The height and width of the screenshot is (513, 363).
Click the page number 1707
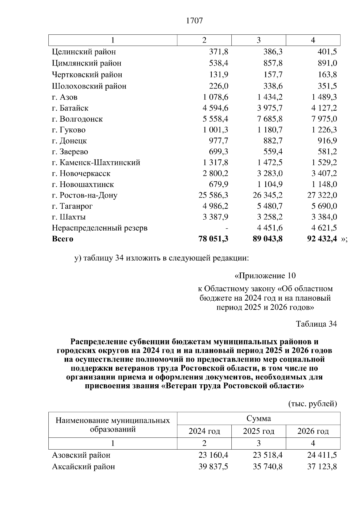(195, 21)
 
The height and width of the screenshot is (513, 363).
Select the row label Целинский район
(84, 52)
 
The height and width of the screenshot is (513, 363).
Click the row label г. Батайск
(70, 108)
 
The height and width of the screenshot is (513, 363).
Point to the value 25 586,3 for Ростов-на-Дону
(213, 195)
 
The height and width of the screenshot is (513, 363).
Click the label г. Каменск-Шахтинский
(96, 163)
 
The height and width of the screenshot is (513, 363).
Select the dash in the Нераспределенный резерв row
(227, 228)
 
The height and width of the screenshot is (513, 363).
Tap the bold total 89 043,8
(267, 239)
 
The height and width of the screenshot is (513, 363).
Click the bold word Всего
(63, 239)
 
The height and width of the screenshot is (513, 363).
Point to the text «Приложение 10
(265, 276)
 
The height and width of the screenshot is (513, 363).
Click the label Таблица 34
(316, 324)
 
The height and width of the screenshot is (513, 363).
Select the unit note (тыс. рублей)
(312, 404)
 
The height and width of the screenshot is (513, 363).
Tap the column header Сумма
(259, 418)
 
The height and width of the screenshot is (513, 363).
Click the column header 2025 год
(259, 431)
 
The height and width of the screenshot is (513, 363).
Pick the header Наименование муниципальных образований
(113, 425)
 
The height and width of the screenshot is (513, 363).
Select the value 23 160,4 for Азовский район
(213, 455)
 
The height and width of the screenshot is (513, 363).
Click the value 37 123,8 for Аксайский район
(322, 467)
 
